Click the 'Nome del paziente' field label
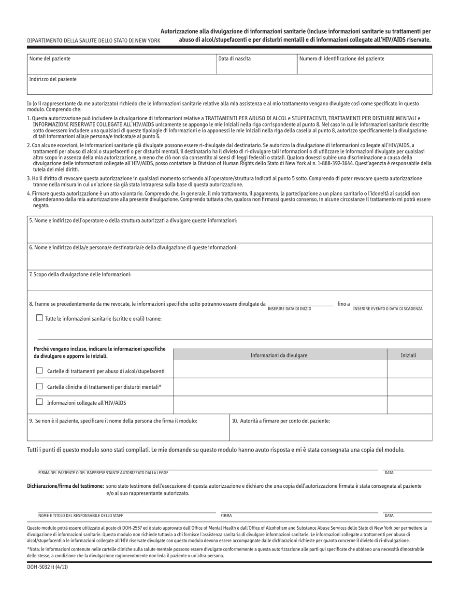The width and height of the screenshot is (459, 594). pos(50,59)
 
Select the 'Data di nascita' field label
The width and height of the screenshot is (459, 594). pos(234,59)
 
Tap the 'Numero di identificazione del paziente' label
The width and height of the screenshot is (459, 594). pos(342,59)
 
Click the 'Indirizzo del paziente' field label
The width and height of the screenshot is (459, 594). pos(53,79)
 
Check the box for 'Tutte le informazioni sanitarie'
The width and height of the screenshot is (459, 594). pos(40,318)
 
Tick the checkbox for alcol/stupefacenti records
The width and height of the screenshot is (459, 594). pos(40,371)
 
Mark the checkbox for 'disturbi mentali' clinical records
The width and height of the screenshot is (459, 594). pos(40,386)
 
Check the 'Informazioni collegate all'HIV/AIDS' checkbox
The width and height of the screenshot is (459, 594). pos(40,402)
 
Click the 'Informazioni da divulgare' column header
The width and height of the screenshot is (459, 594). pos(279,355)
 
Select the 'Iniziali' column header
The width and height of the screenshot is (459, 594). pos(408,355)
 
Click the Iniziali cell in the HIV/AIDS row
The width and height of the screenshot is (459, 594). pos(409,403)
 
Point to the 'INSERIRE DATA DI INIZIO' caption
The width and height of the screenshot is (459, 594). pos(289,309)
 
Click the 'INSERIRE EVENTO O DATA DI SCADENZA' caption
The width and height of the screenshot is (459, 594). pos(387,309)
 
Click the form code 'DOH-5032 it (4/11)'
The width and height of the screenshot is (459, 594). pos(47,567)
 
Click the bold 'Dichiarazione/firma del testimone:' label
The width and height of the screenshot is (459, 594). pos(65,486)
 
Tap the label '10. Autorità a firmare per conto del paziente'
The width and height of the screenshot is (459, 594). pos(281,421)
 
